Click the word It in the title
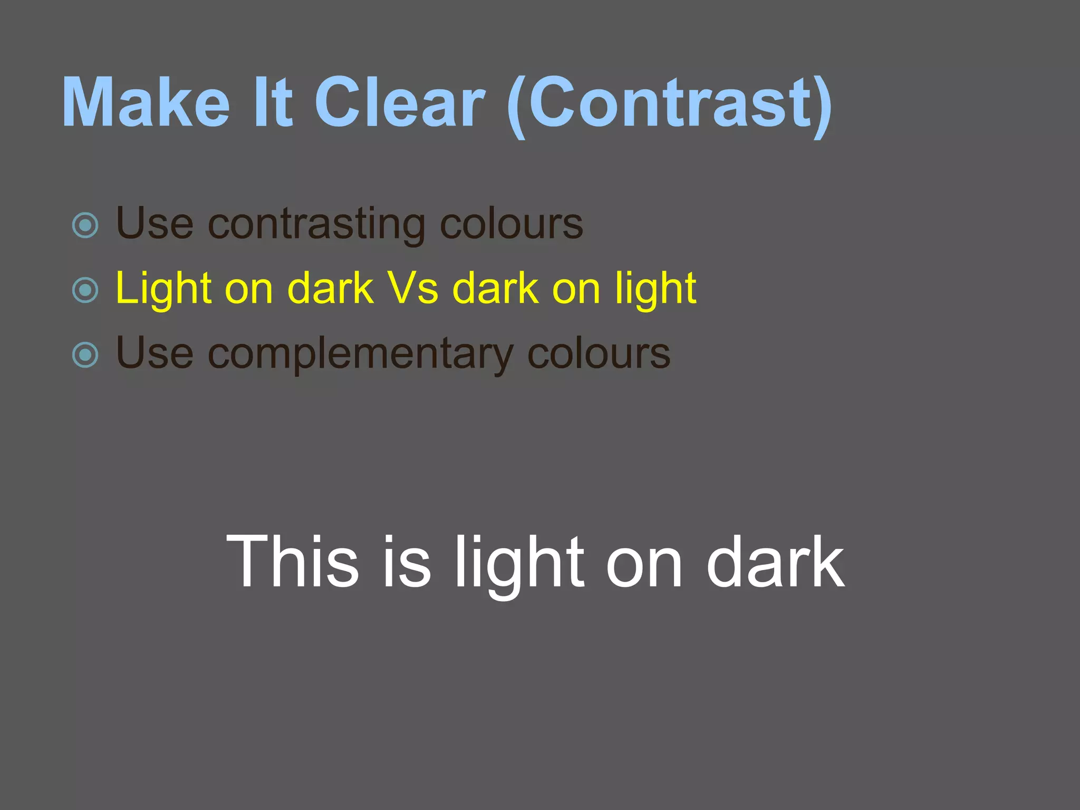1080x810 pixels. [273, 103]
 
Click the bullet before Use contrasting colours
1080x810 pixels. [85, 226]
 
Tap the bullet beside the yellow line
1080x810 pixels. [85, 290]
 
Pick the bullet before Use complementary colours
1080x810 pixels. [85, 355]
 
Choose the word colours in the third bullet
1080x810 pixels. [599, 354]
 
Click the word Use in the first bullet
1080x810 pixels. [155, 224]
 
